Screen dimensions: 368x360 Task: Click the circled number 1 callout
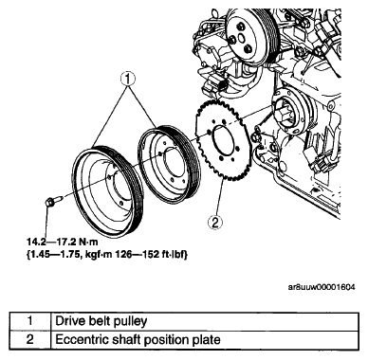[128, 80]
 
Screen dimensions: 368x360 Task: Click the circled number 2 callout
[215, 224]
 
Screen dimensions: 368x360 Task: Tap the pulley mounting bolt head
[49, 202]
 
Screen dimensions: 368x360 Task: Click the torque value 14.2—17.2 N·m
[62, 243]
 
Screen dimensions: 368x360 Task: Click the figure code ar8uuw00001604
[322, 287]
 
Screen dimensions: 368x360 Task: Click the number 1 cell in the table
[30, 321]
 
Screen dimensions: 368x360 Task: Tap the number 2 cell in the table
[30, 340]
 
